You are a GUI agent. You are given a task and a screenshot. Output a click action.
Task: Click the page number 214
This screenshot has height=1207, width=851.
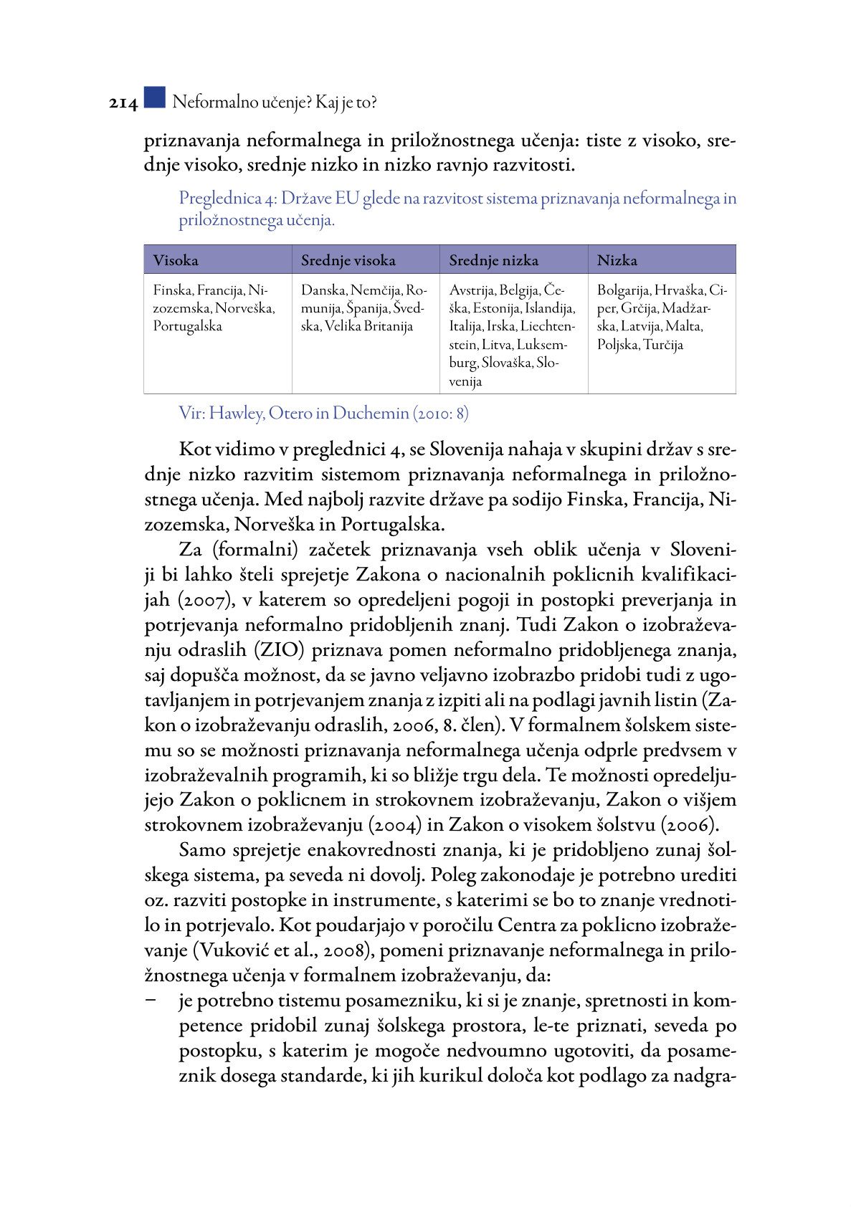pos(123,103)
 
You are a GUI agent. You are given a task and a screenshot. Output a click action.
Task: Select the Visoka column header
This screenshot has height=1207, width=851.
pos(176,260)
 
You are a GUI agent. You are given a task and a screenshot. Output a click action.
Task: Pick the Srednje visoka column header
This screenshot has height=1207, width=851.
pos(348,260)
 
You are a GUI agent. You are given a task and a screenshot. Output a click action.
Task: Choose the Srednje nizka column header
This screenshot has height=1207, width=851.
pos(493,260)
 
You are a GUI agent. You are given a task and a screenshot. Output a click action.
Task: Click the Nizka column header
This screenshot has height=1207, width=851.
pos(617,260)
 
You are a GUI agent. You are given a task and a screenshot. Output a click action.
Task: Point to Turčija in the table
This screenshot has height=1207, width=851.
pos(663,345)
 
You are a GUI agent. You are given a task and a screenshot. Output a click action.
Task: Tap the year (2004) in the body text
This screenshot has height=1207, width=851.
pos(395,825)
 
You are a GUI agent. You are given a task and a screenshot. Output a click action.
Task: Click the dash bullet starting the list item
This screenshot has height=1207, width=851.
pos(151,1001)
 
